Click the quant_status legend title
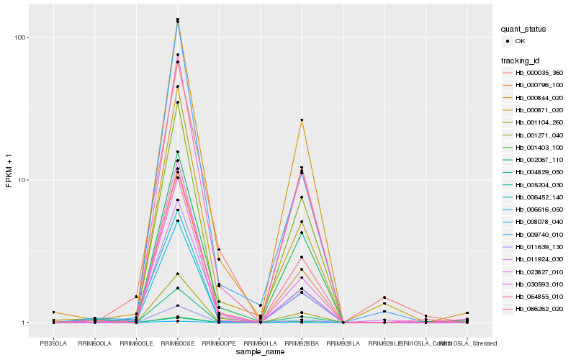coord(523,29)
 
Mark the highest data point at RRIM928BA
coord(302,120)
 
